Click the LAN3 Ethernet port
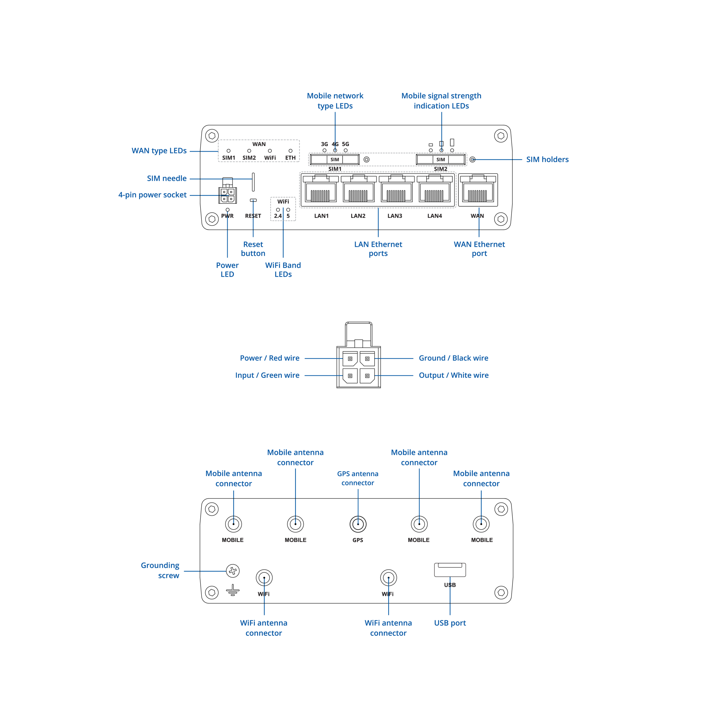(x=396, y=190)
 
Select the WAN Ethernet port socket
(x=478, y=190)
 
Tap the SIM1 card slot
(x=334, y=160)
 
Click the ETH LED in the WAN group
(x=290, y=151)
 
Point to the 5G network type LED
(x=346, y=150)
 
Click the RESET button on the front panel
(x=253, y=200)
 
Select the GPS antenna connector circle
(x=358, y=524)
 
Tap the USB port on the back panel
(x=450, y=570)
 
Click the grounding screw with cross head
(x=233, y=571)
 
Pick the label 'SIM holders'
(x=547, y=160)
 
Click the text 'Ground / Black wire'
(x=453, y=358)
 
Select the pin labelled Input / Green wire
(x=350, y=376)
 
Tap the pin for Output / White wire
(x=367, y=376)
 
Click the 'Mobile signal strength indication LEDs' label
(x=441, y=100)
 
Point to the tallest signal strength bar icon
(x=452, y=142)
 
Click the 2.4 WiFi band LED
(x=278, y=210)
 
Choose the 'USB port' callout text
(x=450, y=623)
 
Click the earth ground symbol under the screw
(x=233, y=590)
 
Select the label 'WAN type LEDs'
(x=159, y=151)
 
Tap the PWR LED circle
(x=228, y=210)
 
